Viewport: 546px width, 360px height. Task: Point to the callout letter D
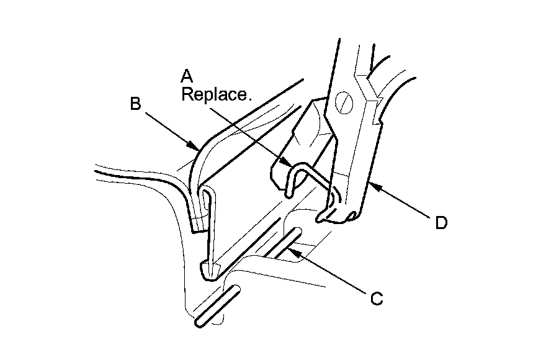pyautogui.click(x=441, y=222)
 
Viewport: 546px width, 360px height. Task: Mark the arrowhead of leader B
pyautogui.click(x=196, y=148)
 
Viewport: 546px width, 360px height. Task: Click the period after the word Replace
pyautogui.click(x=250, y=99)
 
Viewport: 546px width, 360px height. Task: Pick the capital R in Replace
pyautogui.click(x=187, y=95)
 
